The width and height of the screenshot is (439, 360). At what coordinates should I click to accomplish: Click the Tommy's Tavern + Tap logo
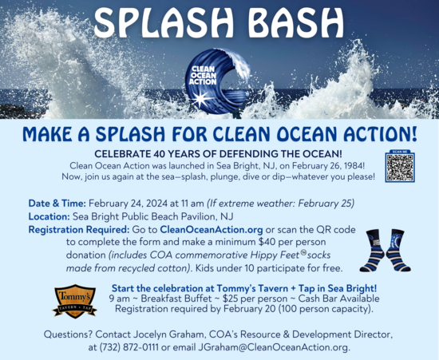[x=74, y=301]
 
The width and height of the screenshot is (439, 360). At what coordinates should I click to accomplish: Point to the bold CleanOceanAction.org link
[x=204, y=228]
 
